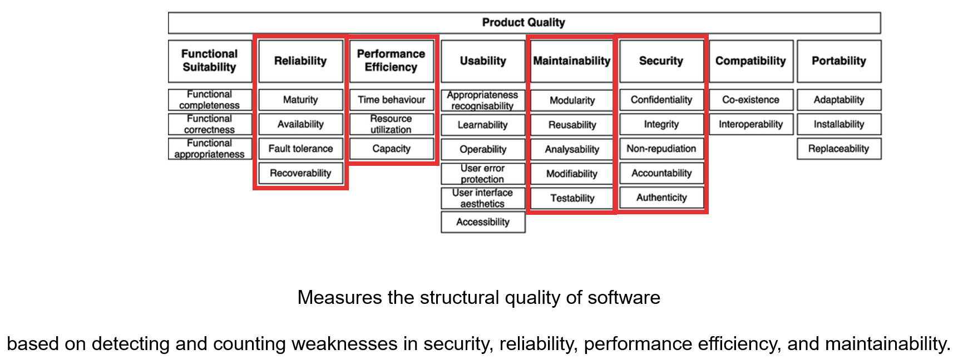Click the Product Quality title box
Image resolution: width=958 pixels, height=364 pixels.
[x=524, y=23]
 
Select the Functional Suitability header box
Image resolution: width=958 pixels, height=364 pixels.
[x=210, y=61]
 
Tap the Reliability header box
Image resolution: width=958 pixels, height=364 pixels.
[x=300, y=61]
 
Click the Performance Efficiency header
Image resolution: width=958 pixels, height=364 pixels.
[x=391, y=61]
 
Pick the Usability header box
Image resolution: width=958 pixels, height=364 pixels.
[x=483, y=61]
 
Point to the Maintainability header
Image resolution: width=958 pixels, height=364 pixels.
[x=571, y=61]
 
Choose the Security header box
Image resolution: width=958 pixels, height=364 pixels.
[x=661, y=61]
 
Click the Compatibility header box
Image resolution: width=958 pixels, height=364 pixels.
[x=750, y=61]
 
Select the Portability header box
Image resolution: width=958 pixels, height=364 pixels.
[x=838, y=61]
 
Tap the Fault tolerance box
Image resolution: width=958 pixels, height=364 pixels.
[x=300, y=149]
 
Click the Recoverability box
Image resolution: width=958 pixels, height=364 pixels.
[x=300, y=173]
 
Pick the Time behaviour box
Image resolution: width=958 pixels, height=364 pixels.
[x=391, y=100]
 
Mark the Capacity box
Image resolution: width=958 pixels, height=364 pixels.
[x=391, y=149]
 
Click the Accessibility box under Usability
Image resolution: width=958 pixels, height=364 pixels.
[x=483, y=222]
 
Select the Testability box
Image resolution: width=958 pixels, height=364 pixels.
[x=572, y=198]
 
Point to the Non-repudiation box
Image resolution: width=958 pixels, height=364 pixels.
[x=661, y=149]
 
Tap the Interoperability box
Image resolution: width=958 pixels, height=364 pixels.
[x=750, y=124]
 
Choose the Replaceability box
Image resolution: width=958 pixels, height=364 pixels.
[x=838, y=149]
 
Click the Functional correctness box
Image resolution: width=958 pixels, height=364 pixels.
[x=210, y=124]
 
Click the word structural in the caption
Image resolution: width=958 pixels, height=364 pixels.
[x=460, y=298]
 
